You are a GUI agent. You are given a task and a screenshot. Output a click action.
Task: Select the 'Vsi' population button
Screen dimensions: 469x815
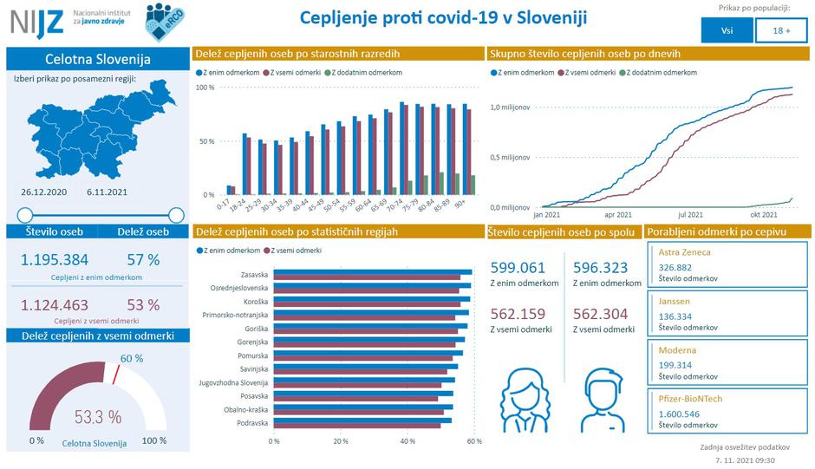pos(726,30)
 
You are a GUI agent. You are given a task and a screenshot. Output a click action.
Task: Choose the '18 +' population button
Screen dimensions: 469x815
pos(781,30)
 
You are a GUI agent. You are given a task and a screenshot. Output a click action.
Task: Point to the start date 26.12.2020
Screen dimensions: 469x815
pos(43,191)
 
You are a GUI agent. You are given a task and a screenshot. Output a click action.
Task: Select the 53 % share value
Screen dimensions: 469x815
pos(142,304)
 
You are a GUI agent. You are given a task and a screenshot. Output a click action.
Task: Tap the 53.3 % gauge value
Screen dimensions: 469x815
pos(98,417)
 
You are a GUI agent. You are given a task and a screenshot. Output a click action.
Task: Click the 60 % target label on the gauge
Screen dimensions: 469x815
pos(132,358)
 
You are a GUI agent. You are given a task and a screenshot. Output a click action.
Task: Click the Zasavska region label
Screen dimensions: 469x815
pos(252,274)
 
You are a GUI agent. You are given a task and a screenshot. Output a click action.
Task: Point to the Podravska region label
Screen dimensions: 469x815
pos(251,423)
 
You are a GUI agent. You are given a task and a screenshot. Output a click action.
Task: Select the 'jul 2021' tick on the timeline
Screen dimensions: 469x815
pos(689,213)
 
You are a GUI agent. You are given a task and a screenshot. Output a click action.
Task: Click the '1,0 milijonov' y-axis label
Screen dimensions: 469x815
pos(509,107)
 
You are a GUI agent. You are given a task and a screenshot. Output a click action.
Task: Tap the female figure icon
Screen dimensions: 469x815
pos(524,398)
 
